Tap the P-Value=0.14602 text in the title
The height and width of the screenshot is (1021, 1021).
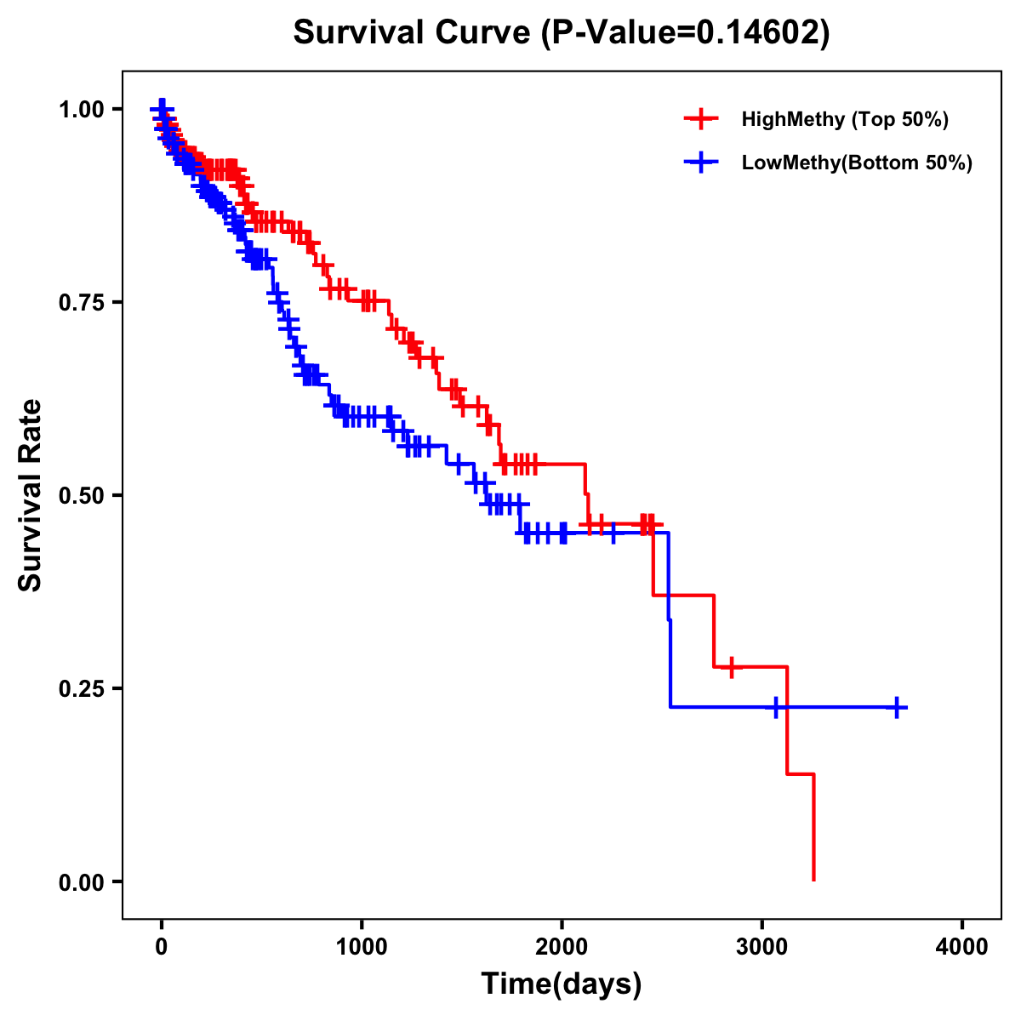tap(686, 33)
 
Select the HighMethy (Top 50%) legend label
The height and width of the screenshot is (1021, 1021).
tap(844, 119)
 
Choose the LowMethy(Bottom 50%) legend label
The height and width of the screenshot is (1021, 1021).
tap(856, 163)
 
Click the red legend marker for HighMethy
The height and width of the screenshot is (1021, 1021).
tap(701, 119)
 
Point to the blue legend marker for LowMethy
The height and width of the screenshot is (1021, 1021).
tap(701, 163)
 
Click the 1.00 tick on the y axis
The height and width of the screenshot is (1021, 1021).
tap(82, 109)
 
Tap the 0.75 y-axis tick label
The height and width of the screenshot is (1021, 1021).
tap(82, 302)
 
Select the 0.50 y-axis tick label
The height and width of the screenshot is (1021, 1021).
tap(82, 495)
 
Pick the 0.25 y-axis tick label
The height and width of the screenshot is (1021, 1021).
tap(82, 688)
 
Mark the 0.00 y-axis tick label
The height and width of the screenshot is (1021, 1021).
tap(82, 881)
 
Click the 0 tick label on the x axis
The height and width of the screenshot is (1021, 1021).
tap(162, 946)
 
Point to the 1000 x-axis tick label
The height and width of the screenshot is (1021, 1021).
tap(362, 946)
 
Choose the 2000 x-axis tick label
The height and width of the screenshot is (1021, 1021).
tap(562, 946)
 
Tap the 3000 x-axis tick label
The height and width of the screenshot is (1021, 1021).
tap(762, 946)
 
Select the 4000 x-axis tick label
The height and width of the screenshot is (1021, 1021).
tap(962, 946)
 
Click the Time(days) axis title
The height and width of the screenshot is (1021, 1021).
tap(562, 984)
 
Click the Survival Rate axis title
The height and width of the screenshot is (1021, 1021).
tap(31, 495)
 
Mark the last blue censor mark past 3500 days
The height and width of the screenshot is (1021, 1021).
tap(897, 707)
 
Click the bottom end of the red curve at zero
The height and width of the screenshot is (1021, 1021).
tap(814, 879)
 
